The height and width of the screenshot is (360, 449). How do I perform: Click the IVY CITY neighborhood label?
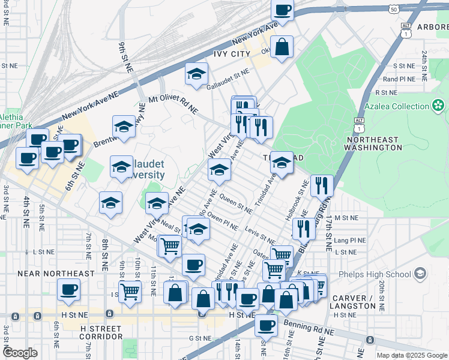click(x=231, y=54)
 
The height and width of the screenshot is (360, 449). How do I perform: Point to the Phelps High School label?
click(x=382, y=274)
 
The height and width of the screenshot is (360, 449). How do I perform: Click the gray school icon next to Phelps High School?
click(x=420, y=274)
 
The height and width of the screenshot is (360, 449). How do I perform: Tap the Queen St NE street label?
click(x=236, y=207)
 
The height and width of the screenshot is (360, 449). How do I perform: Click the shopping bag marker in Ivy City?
click(x=282, y=47)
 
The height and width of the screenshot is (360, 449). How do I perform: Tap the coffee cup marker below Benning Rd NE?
click(x=266, y=325)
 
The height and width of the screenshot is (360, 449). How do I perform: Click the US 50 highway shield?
click(x=393, y=10)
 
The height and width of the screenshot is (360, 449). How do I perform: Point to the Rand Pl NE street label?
click(x=399, y=79)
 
